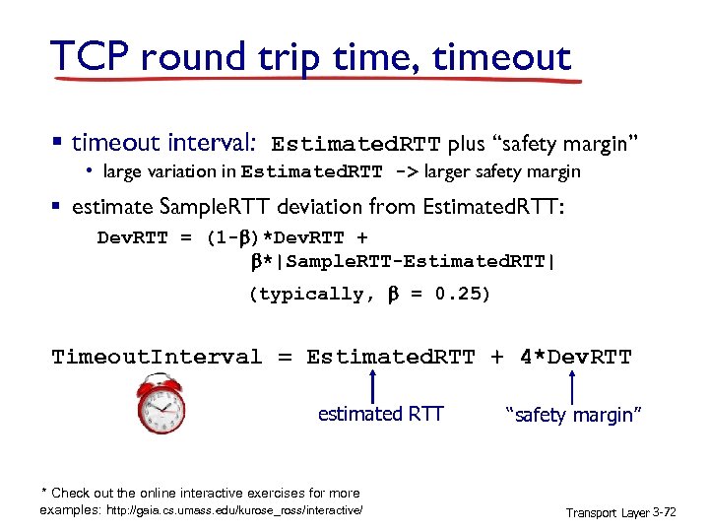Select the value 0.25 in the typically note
462,294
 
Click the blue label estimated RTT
380,415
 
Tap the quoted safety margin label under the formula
573,416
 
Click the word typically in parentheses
311,294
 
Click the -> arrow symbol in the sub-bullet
405,172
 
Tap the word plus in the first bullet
466,144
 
